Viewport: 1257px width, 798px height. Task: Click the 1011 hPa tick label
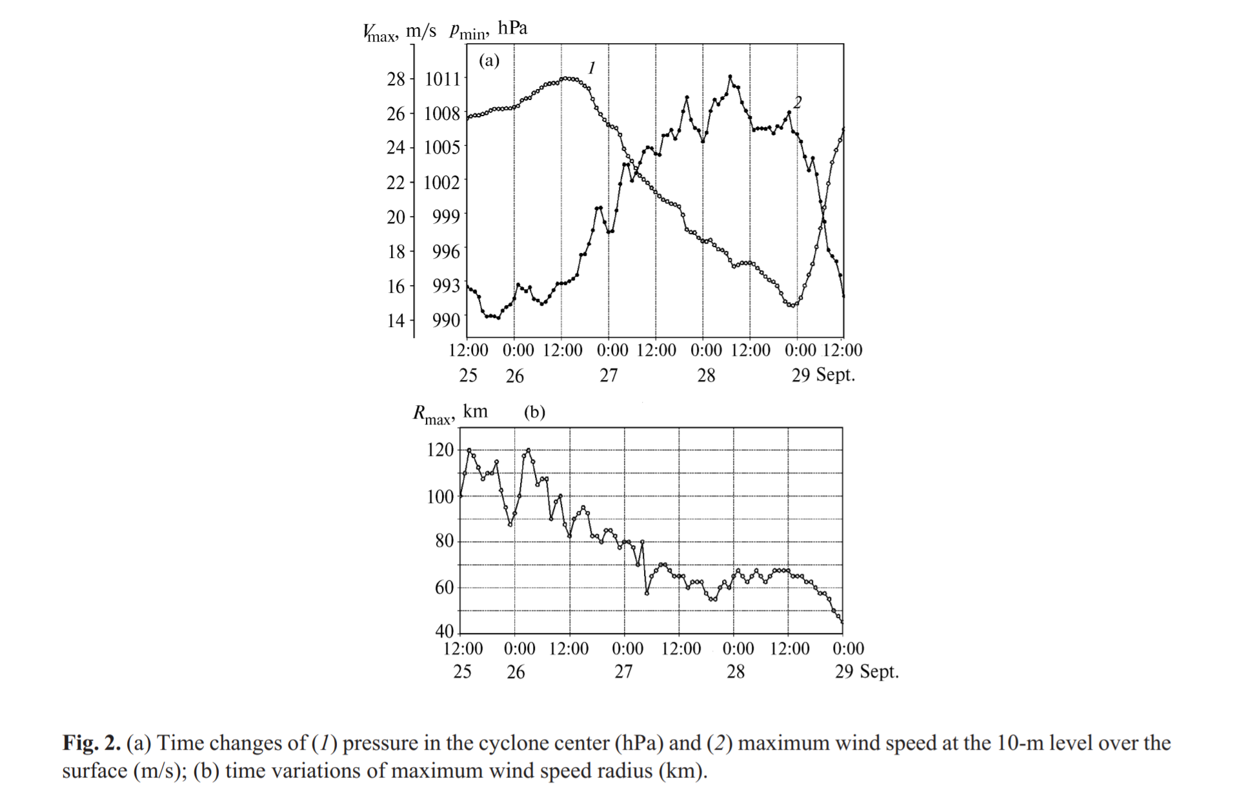442,79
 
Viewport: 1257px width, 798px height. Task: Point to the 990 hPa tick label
446,320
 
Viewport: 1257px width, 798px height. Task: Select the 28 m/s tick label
396,79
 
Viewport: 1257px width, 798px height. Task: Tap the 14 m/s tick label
396,320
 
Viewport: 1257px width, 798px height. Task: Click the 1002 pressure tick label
442,182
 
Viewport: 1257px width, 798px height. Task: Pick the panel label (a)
489,61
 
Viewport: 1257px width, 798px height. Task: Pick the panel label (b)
534,412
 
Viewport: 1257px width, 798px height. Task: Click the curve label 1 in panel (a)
592,68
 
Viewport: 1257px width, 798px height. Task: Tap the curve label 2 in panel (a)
798,102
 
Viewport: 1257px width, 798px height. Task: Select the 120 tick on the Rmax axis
440,450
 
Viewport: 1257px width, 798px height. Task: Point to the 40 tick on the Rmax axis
445,631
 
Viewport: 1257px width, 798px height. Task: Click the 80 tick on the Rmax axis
445,541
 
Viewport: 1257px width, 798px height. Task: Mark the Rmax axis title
450,414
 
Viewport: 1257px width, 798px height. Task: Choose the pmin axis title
488,30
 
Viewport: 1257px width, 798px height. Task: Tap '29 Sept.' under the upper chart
823,375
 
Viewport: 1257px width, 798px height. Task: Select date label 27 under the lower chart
623,672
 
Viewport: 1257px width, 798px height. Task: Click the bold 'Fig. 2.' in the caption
92,743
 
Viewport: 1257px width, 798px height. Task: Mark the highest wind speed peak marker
730,76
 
